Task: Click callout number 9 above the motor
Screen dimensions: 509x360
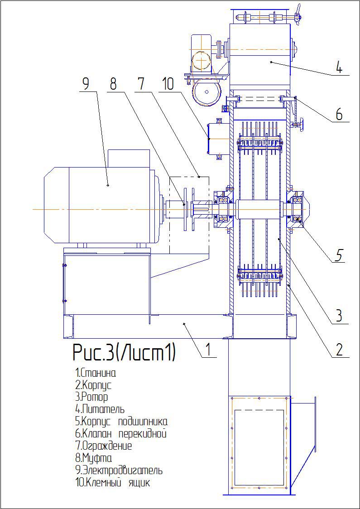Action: click(86, 84)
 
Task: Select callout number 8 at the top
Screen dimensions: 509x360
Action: click(113, 84)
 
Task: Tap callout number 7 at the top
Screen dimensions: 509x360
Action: click(140, 84)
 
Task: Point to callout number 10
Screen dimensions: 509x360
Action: click(168, 84)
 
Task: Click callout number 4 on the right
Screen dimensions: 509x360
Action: click(339, 67)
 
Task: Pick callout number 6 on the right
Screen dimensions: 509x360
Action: click(339, 115)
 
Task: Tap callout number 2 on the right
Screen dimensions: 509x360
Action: click(339, 350)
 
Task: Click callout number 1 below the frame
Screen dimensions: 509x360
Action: click(208, 350)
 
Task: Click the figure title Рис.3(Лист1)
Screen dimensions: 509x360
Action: click(124, 353)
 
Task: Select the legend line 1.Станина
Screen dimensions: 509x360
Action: click(96, 374)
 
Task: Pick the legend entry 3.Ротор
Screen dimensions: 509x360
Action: click(91, 398)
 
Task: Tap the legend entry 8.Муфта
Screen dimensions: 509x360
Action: click(93, 458)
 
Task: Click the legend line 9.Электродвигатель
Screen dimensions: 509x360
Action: click(119, 471)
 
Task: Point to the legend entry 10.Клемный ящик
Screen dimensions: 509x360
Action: click(112, 483)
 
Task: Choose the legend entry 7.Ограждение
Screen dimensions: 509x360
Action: click(104, 446)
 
